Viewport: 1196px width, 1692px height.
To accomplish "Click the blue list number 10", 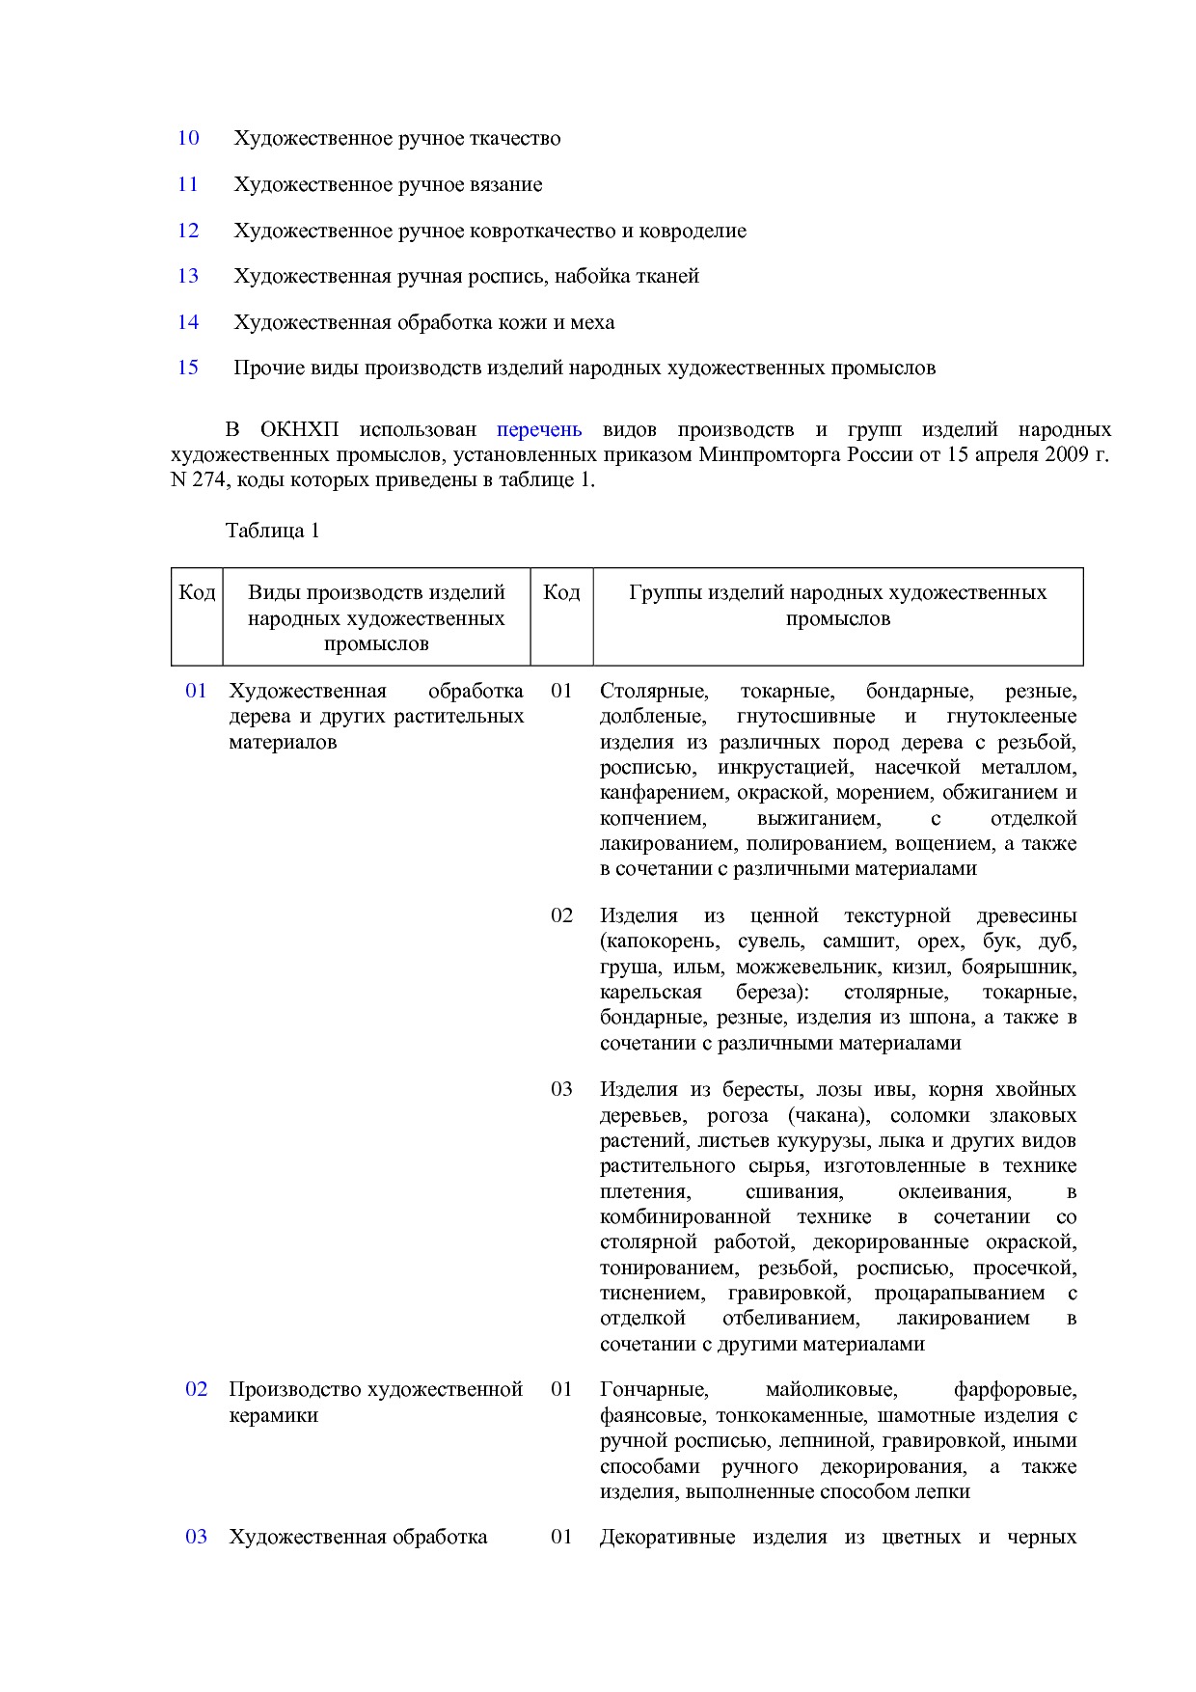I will (x=188, y=138).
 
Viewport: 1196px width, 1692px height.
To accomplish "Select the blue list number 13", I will (x=188, y=276).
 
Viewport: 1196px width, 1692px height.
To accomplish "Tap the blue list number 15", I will (x=188, y=368).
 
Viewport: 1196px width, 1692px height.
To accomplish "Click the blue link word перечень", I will (x=539, y=429).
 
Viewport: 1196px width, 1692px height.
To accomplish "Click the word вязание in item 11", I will (x=507, y=184).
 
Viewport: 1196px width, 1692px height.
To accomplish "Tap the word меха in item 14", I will (x=592, y=322).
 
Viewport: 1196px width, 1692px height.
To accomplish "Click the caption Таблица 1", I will (x=272, y=531).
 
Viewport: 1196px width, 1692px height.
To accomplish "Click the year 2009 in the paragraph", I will (x=1066, y=454).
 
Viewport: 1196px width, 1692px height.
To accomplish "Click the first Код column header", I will (x=197, y=592).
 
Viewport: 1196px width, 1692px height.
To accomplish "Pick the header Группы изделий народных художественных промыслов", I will (x=837, y=605).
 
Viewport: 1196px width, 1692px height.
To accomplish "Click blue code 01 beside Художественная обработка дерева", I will (x=196, y=691).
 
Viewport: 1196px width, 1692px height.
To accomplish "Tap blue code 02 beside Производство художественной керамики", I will (x=196, y=1389).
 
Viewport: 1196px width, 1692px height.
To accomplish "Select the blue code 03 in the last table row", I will (x=196, y=1537).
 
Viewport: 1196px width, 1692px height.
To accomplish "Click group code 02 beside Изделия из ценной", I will (x=561, y=915).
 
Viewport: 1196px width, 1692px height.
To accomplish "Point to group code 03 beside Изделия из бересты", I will (x=561, y=1089).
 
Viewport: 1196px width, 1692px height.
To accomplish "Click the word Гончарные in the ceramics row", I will (x=654, y=1389).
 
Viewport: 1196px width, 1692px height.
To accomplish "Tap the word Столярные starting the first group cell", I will (x=654, y=691).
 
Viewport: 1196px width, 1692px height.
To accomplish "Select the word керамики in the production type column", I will (x=273, y=1415).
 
